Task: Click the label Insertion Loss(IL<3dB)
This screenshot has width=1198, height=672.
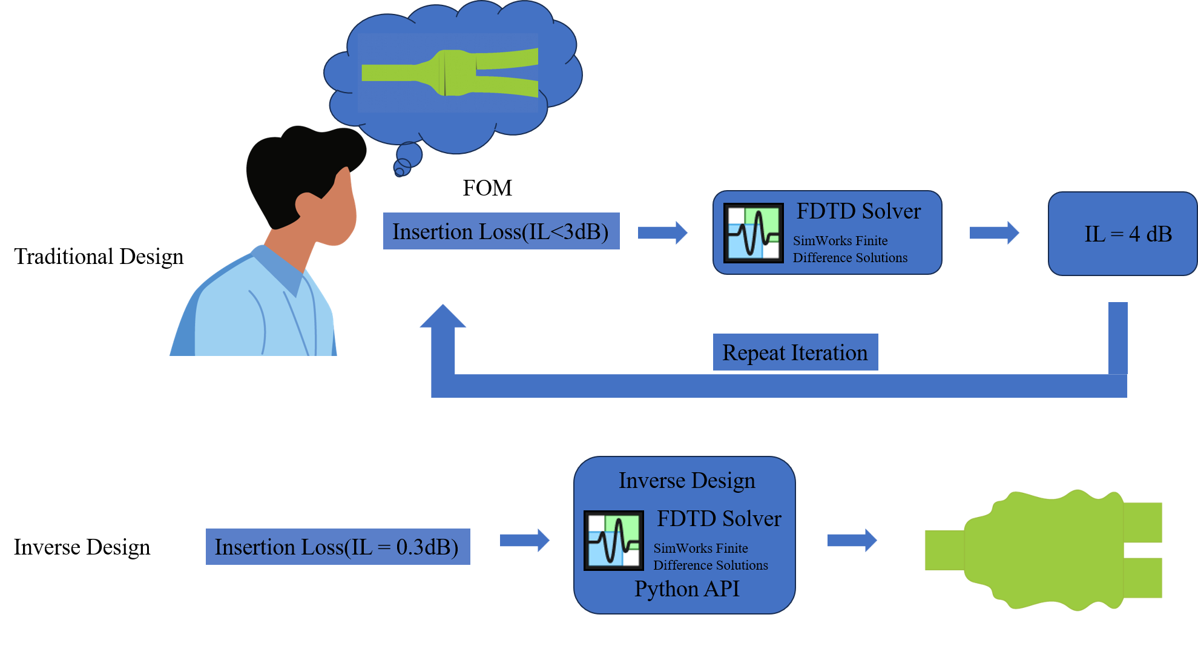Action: pos(501,231)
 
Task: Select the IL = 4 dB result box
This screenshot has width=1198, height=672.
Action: pos(1122,234)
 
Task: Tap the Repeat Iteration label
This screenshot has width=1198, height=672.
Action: pos(795,352)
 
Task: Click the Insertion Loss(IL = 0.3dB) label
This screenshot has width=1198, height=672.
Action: pos(337,547)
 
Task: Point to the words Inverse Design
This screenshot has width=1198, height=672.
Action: pos(686,480)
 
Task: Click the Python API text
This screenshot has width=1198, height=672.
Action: pos(686,588)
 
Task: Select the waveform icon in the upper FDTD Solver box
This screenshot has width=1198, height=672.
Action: pos(754,233)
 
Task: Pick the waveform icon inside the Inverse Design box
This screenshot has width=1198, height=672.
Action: pos(613,541)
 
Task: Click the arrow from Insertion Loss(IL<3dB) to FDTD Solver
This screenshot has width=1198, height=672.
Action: pos(662,232)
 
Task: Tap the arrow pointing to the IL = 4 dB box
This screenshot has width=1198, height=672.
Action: pos(994,232)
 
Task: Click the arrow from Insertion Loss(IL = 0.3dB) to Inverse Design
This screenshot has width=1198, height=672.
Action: pos(524,540)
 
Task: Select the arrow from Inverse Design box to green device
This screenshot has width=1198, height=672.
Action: pos(852,540)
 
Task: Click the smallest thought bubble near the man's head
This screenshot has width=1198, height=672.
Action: pos(399,172)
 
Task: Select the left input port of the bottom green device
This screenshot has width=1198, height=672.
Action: pos(943,550)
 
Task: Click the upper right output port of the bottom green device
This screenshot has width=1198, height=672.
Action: pos(1144,522)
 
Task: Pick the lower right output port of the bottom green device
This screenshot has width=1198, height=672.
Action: pos(1144,578)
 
